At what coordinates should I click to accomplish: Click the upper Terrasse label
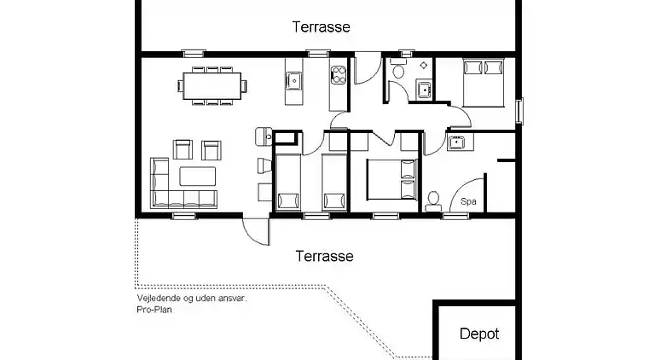click(x=321, y=27)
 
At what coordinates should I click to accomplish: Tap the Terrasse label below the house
click(x=325, y=256)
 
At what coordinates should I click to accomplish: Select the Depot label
click(x=479, y=334)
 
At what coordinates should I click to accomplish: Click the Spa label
click(x=468, y=201)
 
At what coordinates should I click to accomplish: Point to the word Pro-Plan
click(x=154, y=310)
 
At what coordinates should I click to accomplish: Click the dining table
click(x=212, y=86)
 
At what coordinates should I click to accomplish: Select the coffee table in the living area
click(x=198, y=177)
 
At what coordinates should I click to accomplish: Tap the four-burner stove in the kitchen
click(x=339, y=75)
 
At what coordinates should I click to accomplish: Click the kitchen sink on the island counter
click(x=294, y=80)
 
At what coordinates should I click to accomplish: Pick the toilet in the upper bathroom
click(x=398, y=69)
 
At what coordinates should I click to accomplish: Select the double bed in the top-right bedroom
click(x=484, y=83)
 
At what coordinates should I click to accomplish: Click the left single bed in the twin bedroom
click(x=287, y=182)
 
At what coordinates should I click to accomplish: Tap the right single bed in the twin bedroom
click(x=334, y=182)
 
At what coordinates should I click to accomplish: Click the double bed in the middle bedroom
click(x=391, y=179)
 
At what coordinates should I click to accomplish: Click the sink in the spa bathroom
click(x=456, y=142)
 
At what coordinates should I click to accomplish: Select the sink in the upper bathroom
click(x=425, y=90)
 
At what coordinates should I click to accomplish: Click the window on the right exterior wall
click(x=519, y=111)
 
